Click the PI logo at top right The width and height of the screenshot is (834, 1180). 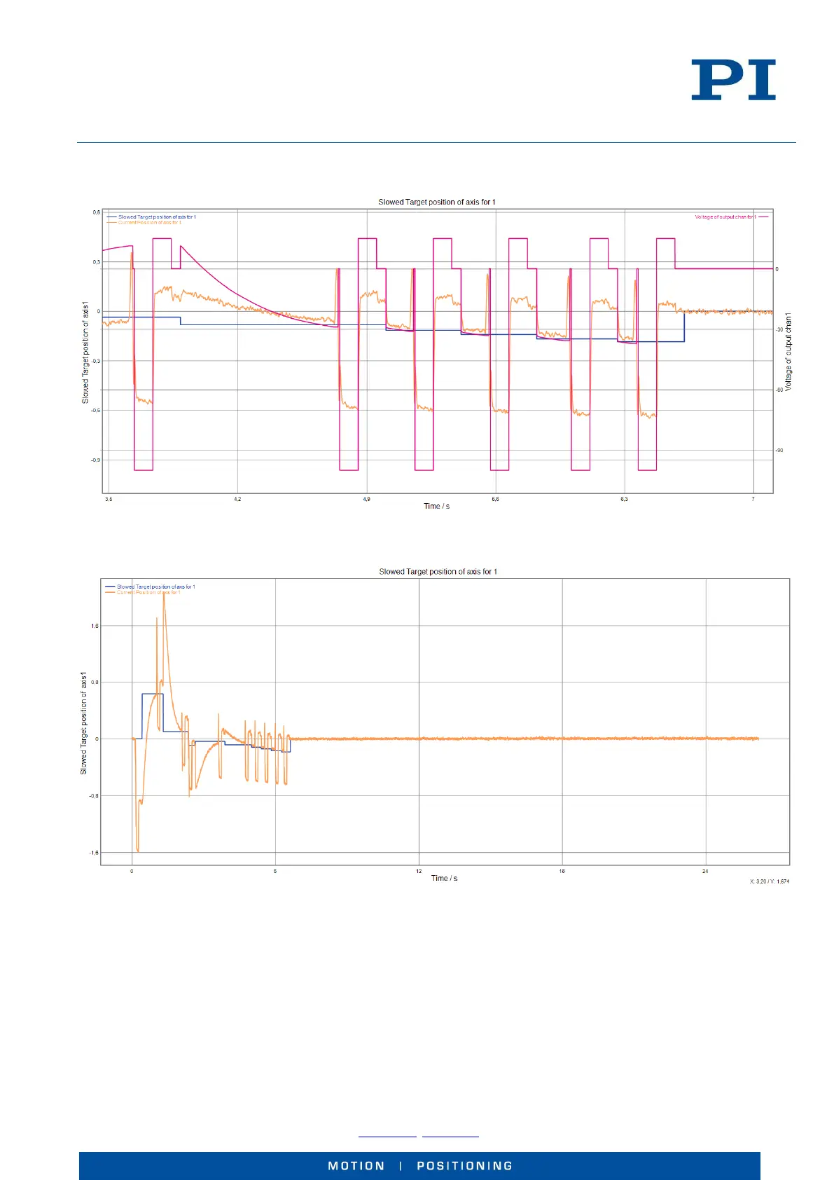coord(733,80)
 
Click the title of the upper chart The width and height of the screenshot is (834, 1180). coord(436,202)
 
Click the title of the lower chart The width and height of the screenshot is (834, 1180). coord(438,572)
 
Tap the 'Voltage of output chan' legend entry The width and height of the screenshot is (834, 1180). coord(725,217)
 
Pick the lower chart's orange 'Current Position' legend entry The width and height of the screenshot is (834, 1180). coord(148,593)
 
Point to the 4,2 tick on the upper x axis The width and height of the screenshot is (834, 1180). coord(237,500)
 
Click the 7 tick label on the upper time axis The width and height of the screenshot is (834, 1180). coord(753,500)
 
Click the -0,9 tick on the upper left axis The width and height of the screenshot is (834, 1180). coord(95,460)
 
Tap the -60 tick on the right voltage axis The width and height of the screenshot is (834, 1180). coord(779,390)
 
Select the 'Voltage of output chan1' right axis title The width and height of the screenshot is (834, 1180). coord(788,352)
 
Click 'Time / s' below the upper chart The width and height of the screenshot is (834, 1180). coord(436,507)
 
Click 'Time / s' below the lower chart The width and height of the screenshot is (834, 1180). coord(444,879)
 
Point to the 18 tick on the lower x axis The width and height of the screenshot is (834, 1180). coord(562,872)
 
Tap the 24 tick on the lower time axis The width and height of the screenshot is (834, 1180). coord(705,872)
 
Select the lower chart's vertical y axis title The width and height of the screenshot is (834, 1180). coord(83,722)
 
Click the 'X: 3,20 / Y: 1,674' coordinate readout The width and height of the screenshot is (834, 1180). coord(769,881)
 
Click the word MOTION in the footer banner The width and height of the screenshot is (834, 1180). coord(356,1166)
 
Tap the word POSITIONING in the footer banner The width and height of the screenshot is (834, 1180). coord(464,1166)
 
